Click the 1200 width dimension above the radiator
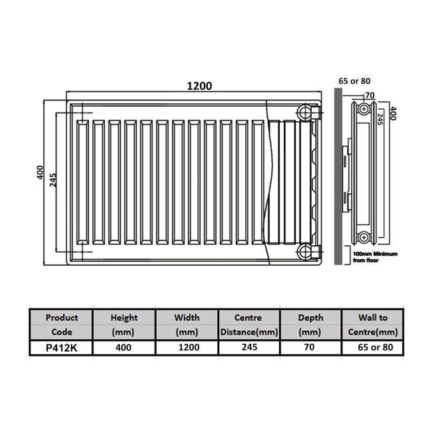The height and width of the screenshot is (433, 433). coord(199,86)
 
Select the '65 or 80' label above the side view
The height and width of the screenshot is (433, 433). coord(354,81)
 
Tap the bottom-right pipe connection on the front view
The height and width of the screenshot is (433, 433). coord(305,251)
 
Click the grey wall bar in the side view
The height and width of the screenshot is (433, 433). coord(338,180)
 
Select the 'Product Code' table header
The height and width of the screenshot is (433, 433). coord(61,324)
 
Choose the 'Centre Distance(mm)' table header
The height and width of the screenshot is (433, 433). coord(248,324)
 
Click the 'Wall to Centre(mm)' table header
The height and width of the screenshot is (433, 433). coord(373,324)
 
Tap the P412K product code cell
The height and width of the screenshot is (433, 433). coord(61,348)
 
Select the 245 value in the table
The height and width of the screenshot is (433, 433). coord(248,348)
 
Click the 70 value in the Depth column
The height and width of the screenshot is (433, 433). coord(310,348)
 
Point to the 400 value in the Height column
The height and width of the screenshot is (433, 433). coord(123,348)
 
